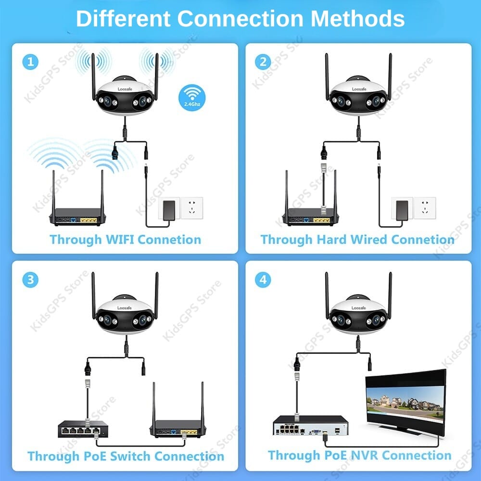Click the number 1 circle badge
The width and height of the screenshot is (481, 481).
point(30,62)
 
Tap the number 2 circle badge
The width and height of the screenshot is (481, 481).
point(263,62)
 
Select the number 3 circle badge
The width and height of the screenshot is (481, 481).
point(30,280)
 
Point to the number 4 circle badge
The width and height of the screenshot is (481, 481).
point(263,280)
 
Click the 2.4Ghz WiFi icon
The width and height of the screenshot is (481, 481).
point(192,98)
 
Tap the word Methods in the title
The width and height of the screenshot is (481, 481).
point(358,19)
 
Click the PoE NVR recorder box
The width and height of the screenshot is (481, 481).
point(310,425)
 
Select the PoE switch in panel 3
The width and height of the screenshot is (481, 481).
point(83,429)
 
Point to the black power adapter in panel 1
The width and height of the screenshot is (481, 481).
point(169,210)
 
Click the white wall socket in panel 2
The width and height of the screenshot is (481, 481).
point(425,208)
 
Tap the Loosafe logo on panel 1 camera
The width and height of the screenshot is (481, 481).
point(125,89)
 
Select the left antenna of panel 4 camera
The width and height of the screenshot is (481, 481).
point(327,295)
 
